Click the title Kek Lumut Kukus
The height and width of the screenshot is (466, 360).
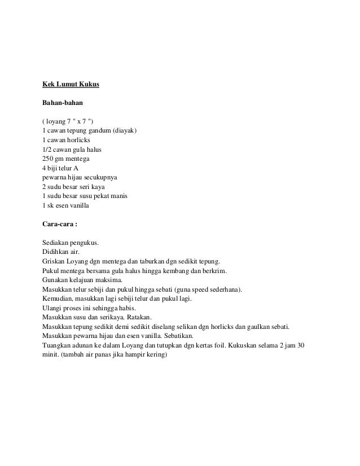pyautogui.click(x=71, y=85)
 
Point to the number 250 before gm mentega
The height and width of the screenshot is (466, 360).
pyautogui.click(x=49, y=159)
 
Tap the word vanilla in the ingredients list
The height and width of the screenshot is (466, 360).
pyautogui.click(x=85, y=205)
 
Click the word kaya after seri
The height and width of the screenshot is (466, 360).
pyautogui.click(x=106, y=186)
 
